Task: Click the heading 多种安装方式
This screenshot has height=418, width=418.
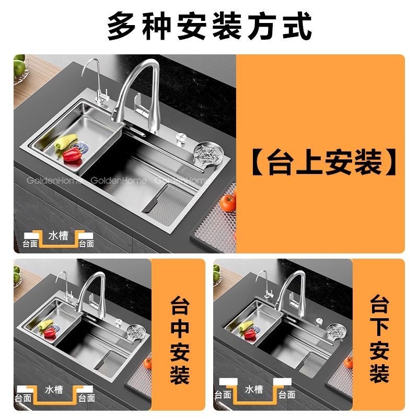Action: coord(210,25)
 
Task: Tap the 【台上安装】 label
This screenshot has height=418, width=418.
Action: coord(323,162)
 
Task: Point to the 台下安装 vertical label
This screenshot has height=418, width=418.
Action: coord(379,339)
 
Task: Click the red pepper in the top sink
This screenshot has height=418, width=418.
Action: coord(72,154)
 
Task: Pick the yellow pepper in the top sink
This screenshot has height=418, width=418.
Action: coord(66,141)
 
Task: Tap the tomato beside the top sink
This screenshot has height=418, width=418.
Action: coord(228,202)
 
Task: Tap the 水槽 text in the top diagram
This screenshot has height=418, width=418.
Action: coord(59,236)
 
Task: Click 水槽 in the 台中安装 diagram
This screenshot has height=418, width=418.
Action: coord(54,390)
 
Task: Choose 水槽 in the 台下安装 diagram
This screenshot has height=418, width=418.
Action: coord(254,389)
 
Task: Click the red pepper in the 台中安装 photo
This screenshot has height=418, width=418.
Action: coord(50,332)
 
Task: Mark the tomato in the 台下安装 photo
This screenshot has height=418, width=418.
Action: coord(348,363)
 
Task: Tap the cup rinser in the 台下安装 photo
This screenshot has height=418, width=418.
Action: coord(335,331)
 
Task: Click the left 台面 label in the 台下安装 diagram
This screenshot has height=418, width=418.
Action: coord(223,394)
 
